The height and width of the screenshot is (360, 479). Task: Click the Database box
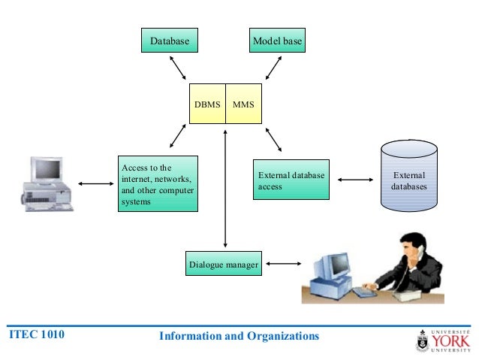[x=169, y=41]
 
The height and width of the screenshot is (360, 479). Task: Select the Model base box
[x=277, y=41]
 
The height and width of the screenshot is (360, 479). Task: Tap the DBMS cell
[x=207, y=104]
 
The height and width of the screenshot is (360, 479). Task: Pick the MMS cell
[x=243, y=104]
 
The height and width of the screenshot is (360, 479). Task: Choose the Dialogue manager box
[x=223, y=265]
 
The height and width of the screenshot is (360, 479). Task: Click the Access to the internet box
[x=158, y=184]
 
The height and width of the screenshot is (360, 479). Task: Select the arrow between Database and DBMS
[x=179, y=67]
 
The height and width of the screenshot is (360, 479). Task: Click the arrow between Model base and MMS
[x=271, y=67]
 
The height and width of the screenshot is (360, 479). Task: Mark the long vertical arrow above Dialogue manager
[x=225, y=188]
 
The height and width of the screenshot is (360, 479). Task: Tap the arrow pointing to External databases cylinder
[x=356, y=180]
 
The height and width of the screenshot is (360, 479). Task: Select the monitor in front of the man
[x=330, y=270]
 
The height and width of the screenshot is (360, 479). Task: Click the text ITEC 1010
[x=35, y=335]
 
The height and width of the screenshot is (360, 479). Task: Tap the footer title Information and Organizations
[x=239, y=336]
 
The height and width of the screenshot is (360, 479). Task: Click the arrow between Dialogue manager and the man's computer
[x=283, y=264]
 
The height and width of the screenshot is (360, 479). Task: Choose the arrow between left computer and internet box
[x=95, y=183]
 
